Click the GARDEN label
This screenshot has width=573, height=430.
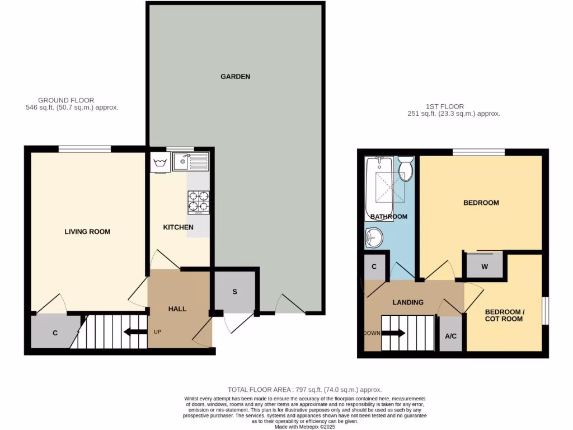pyautogui.click(x=235, y=76)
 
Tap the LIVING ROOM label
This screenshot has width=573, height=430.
pyautogui.click(x=87, y=231)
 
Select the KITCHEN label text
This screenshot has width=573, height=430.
pyautogui.click(x=178, y=227)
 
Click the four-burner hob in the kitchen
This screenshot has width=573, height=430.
pyautogui.click(x=198, y=203)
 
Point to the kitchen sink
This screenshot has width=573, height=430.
pyautogui.click(x=190, y=162)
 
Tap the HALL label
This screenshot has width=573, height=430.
pyautogui.click(x=177, y=309)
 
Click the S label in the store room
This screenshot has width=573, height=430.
pyautogui.click(x=234, y=292)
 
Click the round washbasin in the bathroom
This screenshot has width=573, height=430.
pyautogui.click(x=374, y=237)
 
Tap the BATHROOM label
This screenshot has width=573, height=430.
pyautogui.click(x=389, y=216)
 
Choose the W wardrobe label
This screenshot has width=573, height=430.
pyautogui.click(x=485, y=266)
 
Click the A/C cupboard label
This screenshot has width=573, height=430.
pyautogui.click(x=450, y=336)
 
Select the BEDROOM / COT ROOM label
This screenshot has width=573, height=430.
pyautogui.click(x=504, y=315)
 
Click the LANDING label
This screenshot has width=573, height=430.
pyautogui.click(x=407, y=302)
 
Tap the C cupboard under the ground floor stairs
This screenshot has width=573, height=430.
pyautogui.click(x=55, y=333)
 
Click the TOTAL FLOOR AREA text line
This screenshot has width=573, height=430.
pyautogui.click(x=304, y=389)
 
